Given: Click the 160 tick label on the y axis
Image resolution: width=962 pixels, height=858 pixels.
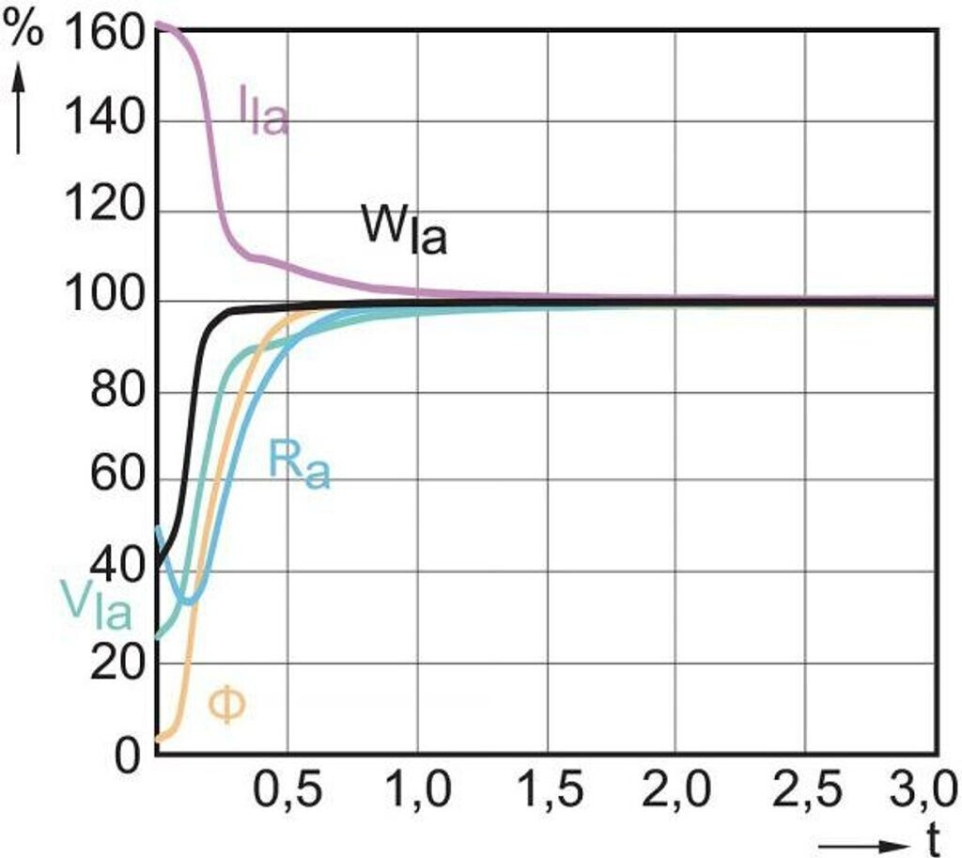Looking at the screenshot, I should [x=102, y=35].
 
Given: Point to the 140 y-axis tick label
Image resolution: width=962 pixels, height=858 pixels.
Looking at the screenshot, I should [x=102, y=121].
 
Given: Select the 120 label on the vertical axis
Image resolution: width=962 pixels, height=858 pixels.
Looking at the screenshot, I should [x=102, y=211].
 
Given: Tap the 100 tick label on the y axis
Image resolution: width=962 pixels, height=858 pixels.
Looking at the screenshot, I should [x=102, y=302].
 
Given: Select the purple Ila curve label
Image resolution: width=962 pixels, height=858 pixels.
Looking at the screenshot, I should [x=262, y=114].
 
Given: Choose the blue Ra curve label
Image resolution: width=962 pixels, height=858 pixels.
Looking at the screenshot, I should [x=299, y=463].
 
